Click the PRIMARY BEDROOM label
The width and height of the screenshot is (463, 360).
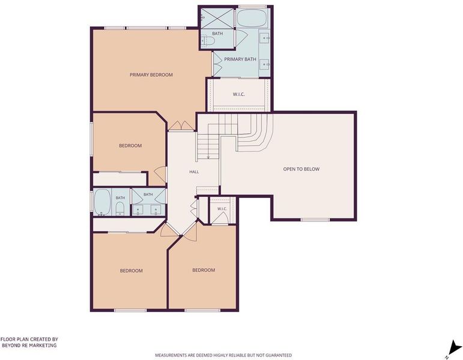(151, 74)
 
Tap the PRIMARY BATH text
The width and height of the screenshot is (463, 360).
(240, 59)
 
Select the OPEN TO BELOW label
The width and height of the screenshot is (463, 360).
(301, 169)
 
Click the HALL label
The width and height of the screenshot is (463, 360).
(194, 172)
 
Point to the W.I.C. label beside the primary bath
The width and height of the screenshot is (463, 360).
(238, 94)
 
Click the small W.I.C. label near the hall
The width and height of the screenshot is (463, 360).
(222, 209)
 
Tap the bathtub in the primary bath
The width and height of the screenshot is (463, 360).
(252, 18)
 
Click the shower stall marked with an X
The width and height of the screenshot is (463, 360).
(217, 18)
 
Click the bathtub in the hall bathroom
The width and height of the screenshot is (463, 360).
(102, 202)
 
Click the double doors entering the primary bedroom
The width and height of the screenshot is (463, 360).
(181, 125)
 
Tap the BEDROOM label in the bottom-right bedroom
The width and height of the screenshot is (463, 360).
(204, 270)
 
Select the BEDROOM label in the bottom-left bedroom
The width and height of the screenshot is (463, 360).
(131, 271)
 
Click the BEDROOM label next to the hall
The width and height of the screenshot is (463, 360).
(130, 145)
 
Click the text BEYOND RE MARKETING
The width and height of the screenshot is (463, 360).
(29, 345)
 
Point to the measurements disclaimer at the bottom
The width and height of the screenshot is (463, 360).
(223, 355)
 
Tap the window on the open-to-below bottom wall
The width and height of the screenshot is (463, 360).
(315, 220)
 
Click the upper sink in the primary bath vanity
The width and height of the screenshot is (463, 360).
(265, 38)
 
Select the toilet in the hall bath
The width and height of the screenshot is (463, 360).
(120, 209)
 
